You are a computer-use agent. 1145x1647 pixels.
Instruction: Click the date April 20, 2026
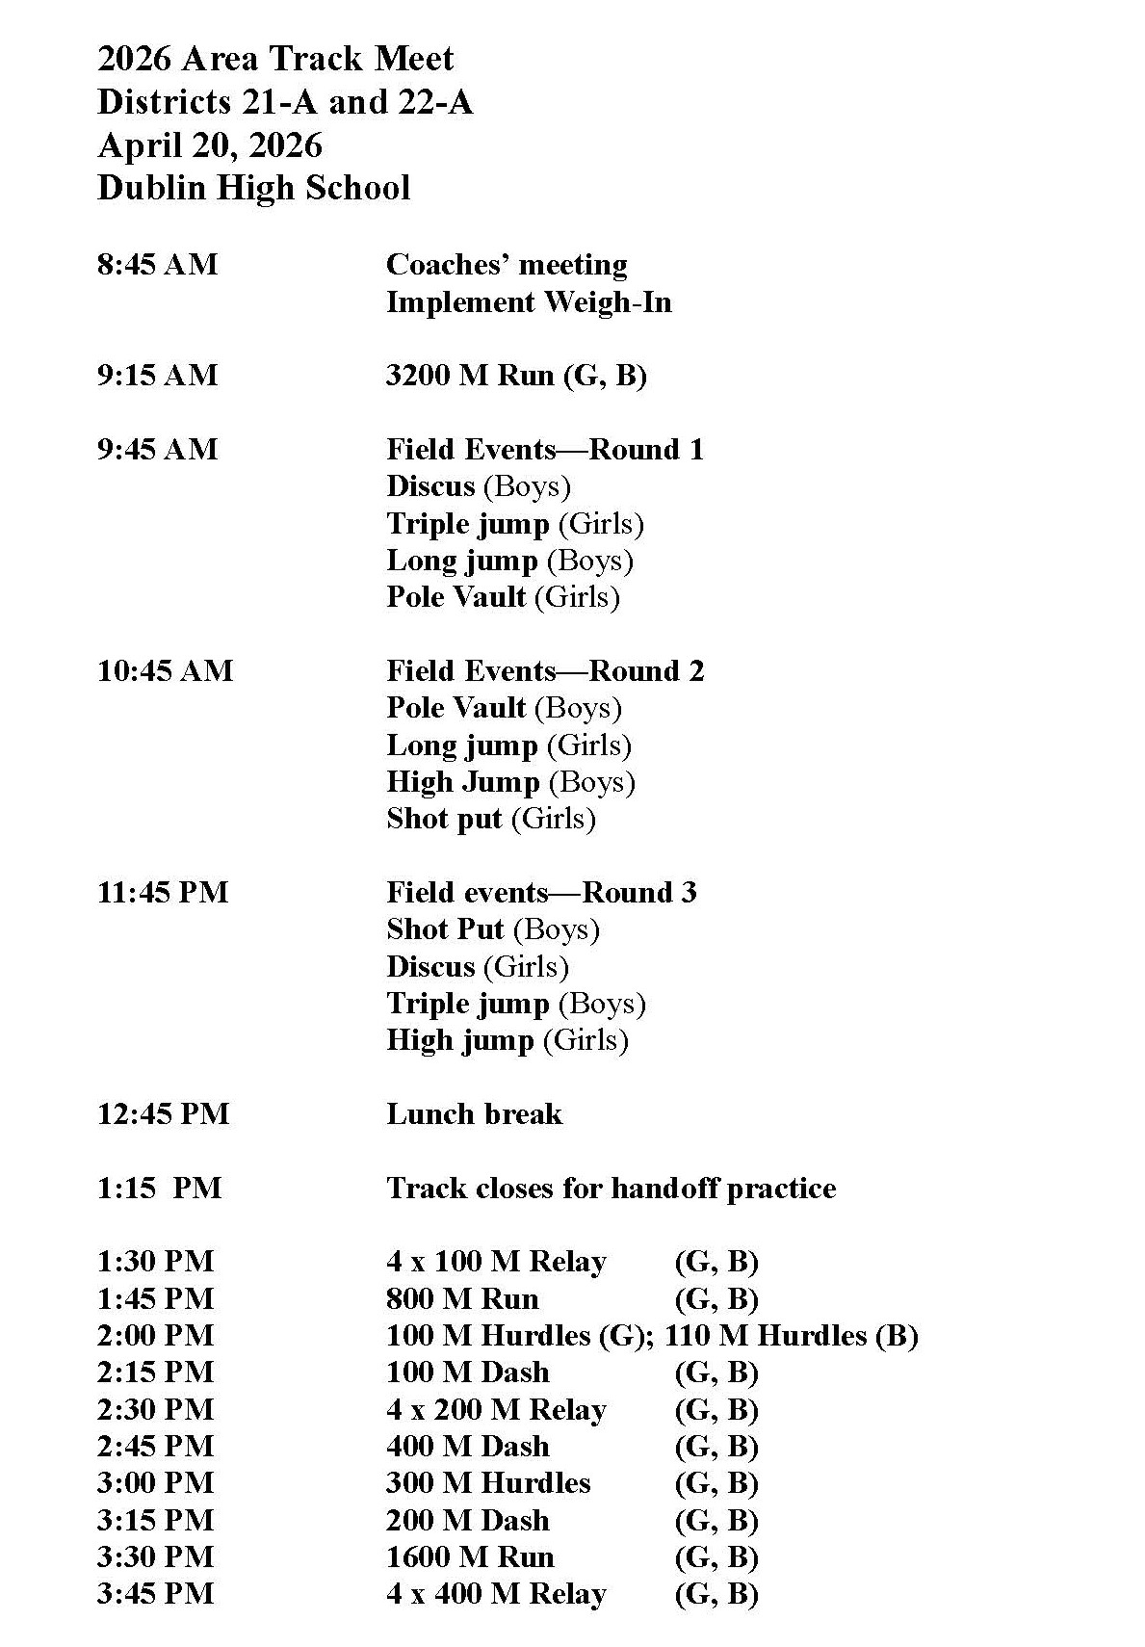pos(210,145)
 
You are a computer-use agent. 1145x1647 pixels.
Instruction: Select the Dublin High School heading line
pos(253,188)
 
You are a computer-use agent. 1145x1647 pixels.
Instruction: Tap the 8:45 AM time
pos(157,265)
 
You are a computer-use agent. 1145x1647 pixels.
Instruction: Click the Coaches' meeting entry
pos(507,265)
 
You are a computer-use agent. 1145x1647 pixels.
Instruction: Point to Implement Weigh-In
pos(529,302)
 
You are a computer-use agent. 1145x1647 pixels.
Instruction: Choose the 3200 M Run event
pos(516,376)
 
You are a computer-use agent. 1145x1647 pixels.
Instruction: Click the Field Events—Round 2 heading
pos(545,671)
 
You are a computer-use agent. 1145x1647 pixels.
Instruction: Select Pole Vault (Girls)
pos(503,597)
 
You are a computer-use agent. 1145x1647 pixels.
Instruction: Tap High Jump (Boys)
pos(510,782)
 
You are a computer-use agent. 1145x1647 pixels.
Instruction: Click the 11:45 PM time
pos(163,893)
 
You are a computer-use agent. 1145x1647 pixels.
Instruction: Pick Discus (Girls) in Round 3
pos(478,967)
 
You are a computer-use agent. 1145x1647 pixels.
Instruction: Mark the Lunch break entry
pos(474,1114)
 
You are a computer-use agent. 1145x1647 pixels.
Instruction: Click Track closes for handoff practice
pos(611,1189)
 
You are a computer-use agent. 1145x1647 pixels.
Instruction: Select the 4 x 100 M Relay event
pos(496,1263)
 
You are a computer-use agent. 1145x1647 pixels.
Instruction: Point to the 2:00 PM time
pos(155,1336)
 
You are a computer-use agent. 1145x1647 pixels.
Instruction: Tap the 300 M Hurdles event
pos(488,1483)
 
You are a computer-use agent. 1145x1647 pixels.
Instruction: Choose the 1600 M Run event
pos(470,1557)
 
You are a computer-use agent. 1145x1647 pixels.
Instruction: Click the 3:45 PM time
pos(155,1594)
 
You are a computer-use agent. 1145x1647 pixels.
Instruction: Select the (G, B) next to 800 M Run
pos(716,1299)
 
